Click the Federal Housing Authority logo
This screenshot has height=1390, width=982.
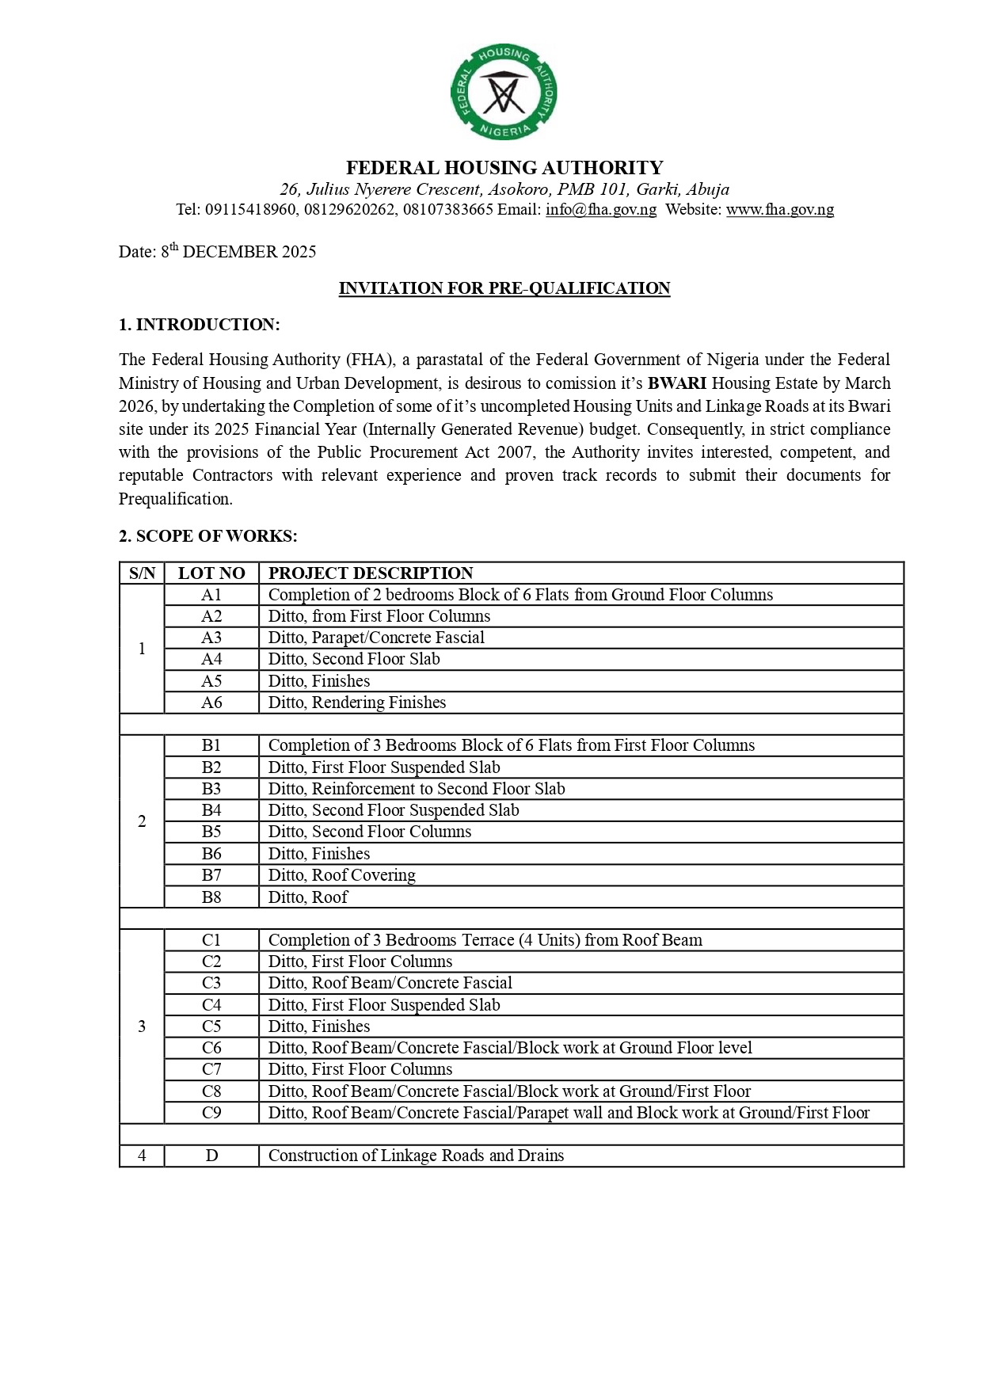pyautogui.click(x=504, y=93)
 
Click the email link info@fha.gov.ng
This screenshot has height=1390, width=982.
pyautogui.click(x=600, y=210)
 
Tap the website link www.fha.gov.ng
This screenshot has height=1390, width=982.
pyautogui.click(x=779, y=210)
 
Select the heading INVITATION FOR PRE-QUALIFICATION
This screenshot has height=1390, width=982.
pyautogui.click(x=504, y=288)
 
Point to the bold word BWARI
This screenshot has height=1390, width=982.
pyautogui.click(x=676, y=383)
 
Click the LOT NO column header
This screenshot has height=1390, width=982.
pyautogui.click(x=211, y=573)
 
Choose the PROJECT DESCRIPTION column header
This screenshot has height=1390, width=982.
pyautogui.click(x=371, y=573)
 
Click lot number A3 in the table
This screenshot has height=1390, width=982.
pyautogui.click(x=211, y=638)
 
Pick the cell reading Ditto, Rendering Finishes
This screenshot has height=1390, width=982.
pyautogui.click(x=357, y=703)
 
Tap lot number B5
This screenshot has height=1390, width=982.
pyautogui.click(x=211, y=832)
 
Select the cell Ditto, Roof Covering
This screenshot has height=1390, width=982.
pyautogui.click(x=342, y=875)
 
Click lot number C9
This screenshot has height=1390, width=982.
pyautogui.click(x=211, y=1113)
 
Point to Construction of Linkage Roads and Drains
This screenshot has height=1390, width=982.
pyautogui.click(x=417, y=1156)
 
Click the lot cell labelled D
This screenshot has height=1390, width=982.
pyautogui.click(x=211, y=1156)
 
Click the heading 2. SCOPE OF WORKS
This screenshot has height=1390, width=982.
pyautogui.click(x=208, y=536)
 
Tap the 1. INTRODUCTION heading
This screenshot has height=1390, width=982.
pyautogui.click(x=200, y=325)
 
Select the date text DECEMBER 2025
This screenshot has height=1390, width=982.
pyautogui.click(x=249, y=252)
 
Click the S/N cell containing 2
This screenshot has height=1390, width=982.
pyautogui.click(x=142, y=821)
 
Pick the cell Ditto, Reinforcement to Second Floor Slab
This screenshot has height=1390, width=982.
pyautogui.click(x=417, y=789)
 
